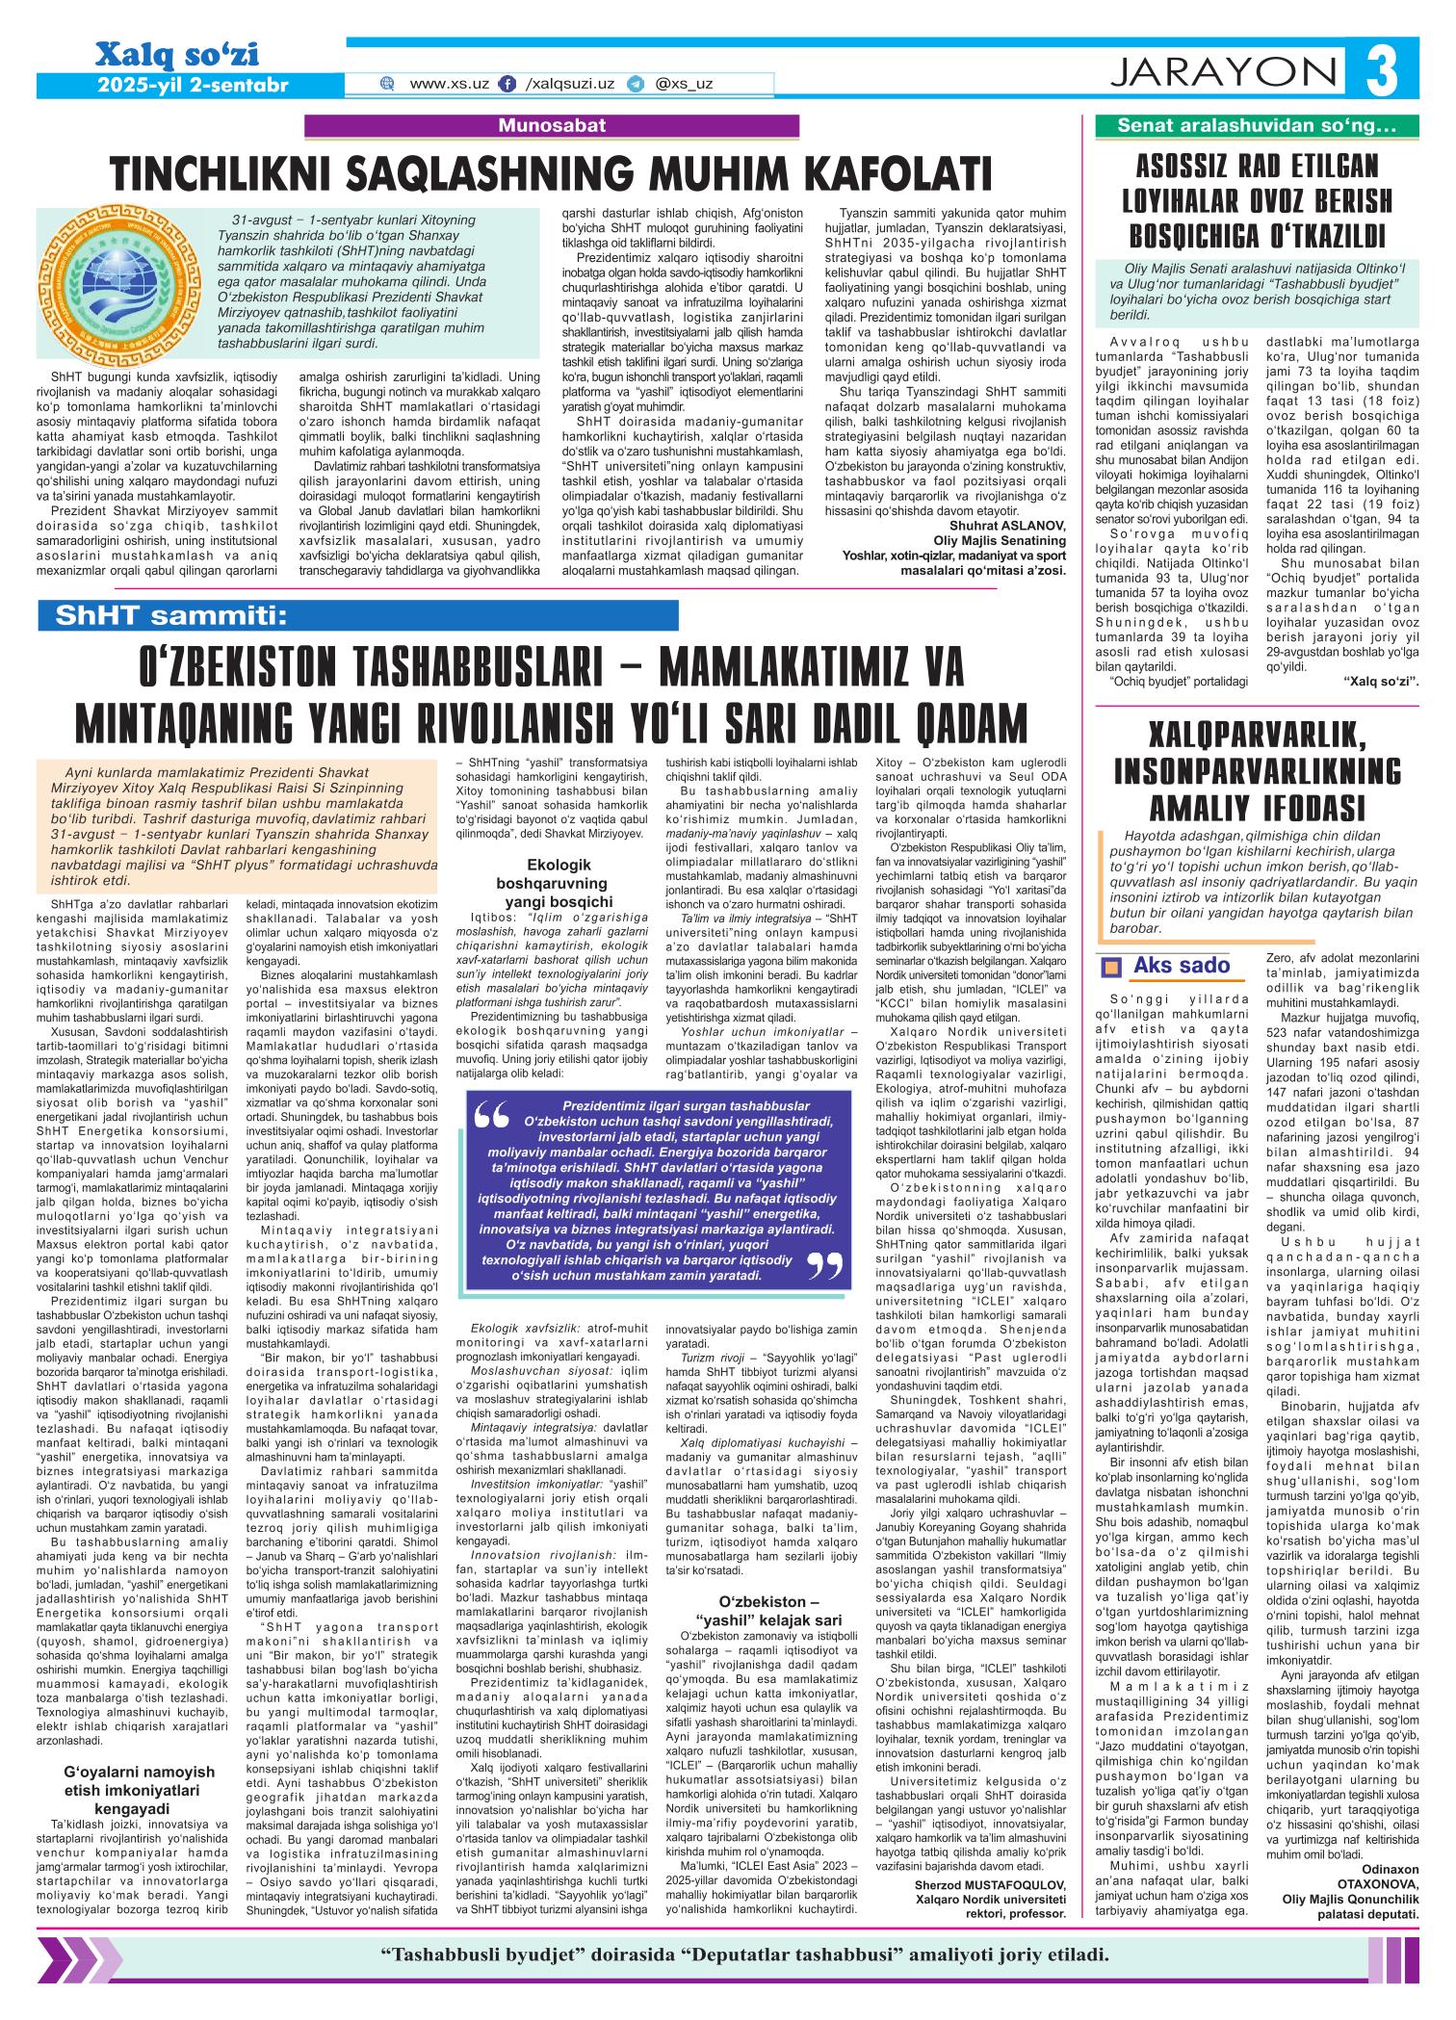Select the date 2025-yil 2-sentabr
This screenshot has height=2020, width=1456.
pos(193,86)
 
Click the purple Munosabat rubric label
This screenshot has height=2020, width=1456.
pos(552,125)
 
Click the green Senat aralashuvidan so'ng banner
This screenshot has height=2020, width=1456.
pos(1257,125)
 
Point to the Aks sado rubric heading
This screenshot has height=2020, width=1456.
pos(1182,966)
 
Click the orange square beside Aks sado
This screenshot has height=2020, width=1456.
pos(1112,968)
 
